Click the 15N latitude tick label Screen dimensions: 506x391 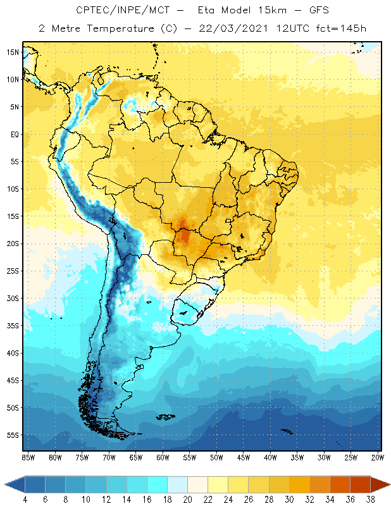(12, 52)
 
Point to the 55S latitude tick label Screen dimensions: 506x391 (12, 435)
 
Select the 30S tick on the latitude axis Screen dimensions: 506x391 (12, 298)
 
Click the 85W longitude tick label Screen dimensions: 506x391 (28, 457)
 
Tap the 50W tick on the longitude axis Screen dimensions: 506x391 (217, 457)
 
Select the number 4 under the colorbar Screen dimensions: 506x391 (25, 499)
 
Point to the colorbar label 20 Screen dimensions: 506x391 (188, 499)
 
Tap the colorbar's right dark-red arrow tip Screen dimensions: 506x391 (387, 484)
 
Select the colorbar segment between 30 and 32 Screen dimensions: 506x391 (300, 484)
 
